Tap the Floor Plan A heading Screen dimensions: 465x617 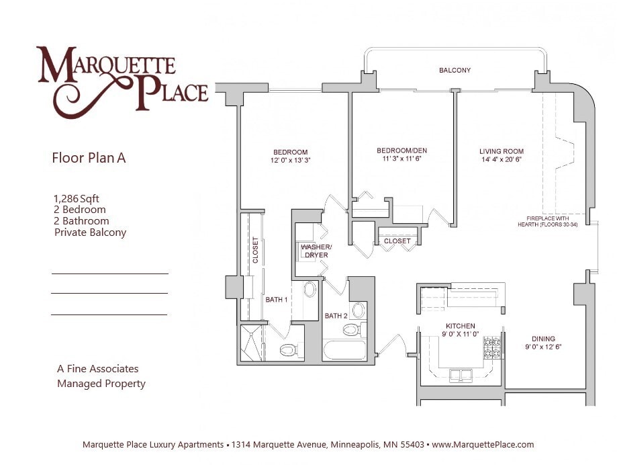click(x=89, y=159)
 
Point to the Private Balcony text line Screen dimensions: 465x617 click(x=90, y=232)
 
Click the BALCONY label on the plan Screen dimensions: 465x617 click(x=455, y=71)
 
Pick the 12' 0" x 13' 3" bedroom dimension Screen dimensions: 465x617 click(x=290, y=161)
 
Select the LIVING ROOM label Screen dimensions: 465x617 click(x=501, y=151)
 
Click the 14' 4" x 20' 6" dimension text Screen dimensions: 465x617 click(x=501, y=160)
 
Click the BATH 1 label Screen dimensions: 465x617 click(x=276, y=300)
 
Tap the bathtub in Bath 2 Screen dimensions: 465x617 click(x=344, y=351)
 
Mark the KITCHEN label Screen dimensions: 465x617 click(x=461, y=326)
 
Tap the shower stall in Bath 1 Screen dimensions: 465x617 click(x=252, y=343)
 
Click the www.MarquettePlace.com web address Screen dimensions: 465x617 click(x=483, y=445)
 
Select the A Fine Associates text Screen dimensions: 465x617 click(x=98, y=369)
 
